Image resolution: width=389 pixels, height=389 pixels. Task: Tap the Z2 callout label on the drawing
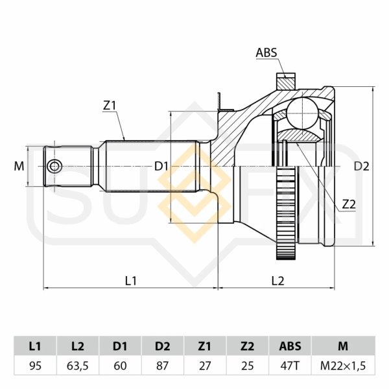[348, 204]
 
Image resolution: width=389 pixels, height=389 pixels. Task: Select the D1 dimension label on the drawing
[161, 167]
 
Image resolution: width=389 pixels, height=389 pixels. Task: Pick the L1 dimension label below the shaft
[130, 280]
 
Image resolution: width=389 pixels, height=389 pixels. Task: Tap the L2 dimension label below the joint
[277, 280]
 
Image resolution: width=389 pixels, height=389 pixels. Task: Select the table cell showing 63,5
[78, 366]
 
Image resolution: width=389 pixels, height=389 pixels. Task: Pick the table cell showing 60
[120, 366]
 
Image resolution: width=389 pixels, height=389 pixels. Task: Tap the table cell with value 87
[163, 366]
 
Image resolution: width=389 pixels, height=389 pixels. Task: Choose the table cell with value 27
[205, 366]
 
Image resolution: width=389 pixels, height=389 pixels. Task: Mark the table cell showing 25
[248, 366]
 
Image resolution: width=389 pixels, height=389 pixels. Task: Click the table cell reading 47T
[290, 366]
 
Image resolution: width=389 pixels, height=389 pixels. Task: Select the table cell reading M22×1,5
[343, 366]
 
